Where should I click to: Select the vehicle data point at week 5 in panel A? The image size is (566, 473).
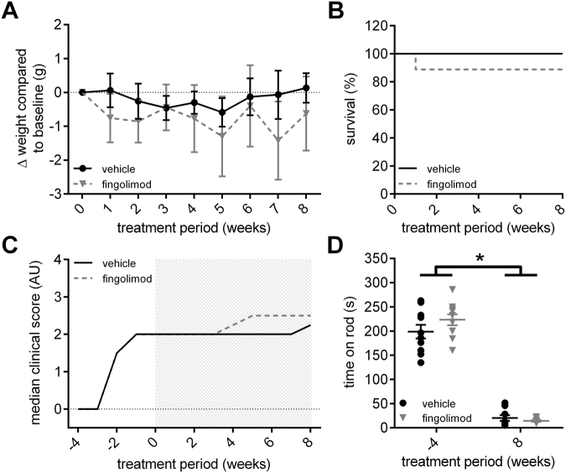coord(221,112)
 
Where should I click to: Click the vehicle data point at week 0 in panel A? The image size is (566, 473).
coord(82,92)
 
